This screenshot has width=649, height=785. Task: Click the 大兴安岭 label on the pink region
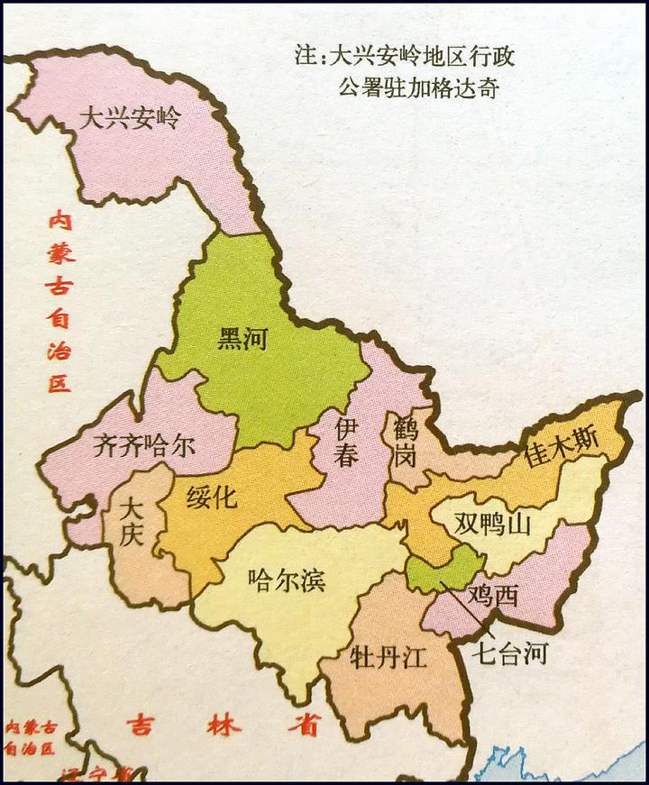pos(130,118)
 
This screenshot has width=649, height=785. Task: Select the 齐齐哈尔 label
pos(143,445)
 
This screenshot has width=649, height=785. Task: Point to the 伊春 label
pos(347,441)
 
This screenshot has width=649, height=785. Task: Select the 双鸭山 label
pos(491,524)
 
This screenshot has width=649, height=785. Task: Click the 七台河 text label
pos(511,653)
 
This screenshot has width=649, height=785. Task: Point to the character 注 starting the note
pos(305,55)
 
